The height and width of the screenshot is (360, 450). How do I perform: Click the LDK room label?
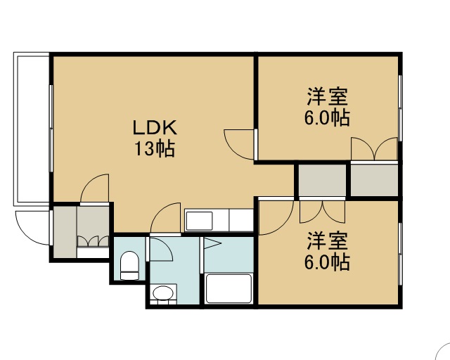(155, 128)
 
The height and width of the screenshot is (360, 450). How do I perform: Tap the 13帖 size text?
(155, 148)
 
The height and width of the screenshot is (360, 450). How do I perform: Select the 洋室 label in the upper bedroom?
(327, 97)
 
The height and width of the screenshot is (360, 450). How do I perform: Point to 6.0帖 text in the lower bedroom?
(327, 262)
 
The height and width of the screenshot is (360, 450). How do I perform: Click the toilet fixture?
(129, 265)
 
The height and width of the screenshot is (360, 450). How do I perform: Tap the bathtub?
(229, 288)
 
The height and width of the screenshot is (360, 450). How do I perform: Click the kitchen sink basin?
(199, 221)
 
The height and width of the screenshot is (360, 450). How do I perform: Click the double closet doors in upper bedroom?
(375, 148)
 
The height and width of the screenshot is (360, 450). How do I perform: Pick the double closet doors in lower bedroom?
(323, 212)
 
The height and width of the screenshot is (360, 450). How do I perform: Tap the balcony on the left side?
(31, 129)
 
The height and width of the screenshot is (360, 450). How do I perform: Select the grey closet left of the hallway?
(322, 180)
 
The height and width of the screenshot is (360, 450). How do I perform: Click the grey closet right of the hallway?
(374, 180)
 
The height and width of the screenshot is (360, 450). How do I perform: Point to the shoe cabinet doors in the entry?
(93, 241)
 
